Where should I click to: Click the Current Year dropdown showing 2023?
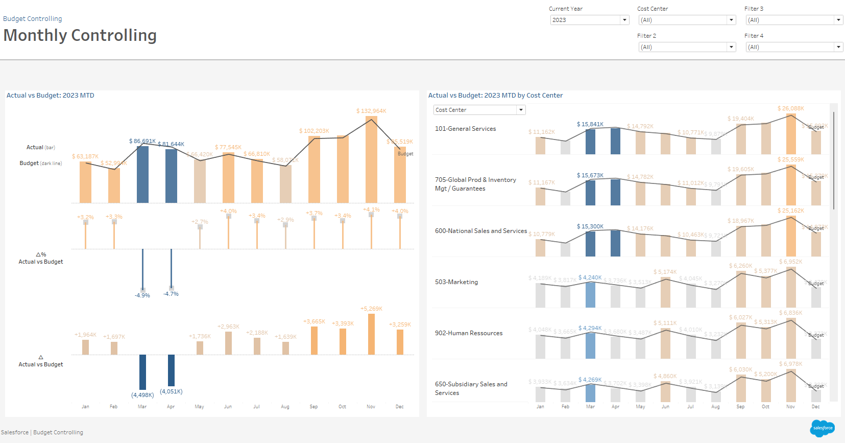(589, 20)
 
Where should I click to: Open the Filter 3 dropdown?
(793, 20)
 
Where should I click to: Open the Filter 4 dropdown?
(793, 47)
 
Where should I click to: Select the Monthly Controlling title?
(80, 35)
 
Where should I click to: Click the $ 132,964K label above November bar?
(371, 111)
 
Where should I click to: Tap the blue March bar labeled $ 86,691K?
(142, 174)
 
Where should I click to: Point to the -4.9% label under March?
(142, 295)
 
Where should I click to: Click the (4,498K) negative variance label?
(142, 395)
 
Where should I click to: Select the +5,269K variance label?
(371, 309)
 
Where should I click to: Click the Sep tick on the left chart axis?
(313, 407)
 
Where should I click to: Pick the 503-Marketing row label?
(456, 282)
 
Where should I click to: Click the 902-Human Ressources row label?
(469, 333)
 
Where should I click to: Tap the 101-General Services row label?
(465, 129)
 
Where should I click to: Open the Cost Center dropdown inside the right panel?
(479, 110)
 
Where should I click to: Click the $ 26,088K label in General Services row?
(790, 108)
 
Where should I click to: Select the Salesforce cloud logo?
(822, 428)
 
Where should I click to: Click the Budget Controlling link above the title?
(33, 19)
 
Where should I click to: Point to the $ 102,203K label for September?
(314, 131)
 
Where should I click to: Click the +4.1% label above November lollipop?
(371, 209)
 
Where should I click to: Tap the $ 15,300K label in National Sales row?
(590, 226)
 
